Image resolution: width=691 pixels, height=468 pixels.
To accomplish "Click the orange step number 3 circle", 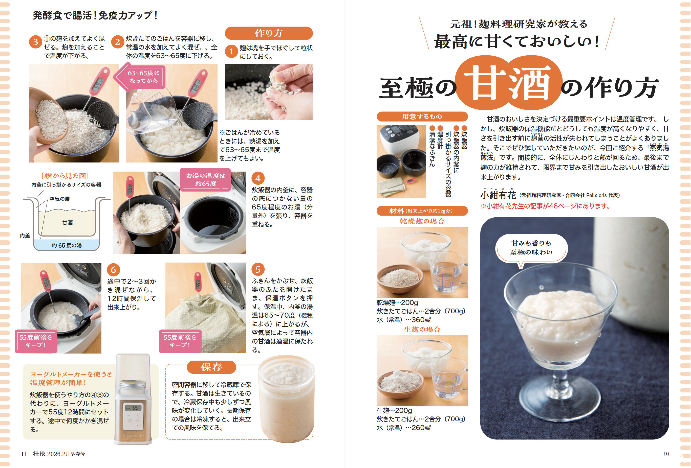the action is coord(35,42).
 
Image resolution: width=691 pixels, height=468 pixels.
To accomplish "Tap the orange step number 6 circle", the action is coord(113,270).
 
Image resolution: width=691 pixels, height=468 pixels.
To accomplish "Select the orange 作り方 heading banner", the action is coord(269,33).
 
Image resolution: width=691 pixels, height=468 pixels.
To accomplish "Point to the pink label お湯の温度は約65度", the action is coord(205,179).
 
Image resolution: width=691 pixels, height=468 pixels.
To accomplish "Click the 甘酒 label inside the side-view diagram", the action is coord(68,223).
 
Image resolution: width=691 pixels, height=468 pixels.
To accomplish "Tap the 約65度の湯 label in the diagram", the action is coord(67,245).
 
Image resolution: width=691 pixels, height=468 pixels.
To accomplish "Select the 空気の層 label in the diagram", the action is coord(59,199).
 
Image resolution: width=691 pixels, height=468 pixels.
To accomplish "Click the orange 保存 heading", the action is coord(211,367).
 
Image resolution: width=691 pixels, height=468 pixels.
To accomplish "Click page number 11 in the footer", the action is coord(24,454).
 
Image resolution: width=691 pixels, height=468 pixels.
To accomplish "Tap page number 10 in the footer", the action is coord(666,454).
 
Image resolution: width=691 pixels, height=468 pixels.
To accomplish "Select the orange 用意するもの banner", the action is coord(422,116).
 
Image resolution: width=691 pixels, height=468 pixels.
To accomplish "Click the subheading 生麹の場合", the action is coord(422,329).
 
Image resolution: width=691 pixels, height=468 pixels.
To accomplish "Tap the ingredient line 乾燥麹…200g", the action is coord(397,302).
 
